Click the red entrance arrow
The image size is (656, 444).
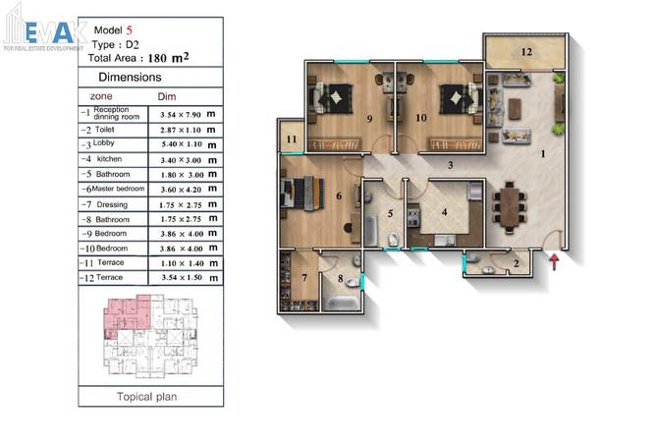pyautogui.click(x=555, y=260)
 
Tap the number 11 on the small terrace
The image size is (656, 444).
pyautogui.click(x=292, y=139)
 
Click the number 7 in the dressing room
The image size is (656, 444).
pyautogui.click(x=304, y=279)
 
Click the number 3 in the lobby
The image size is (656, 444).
pyautogui.click(x=450, y=165)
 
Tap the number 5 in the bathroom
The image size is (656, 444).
pyautogui.click(x=389, y=212)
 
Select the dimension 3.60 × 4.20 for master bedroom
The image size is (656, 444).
pyautogui.click(x=187, y=189)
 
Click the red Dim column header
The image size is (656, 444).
pyautogui.click(x=167, y=97)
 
